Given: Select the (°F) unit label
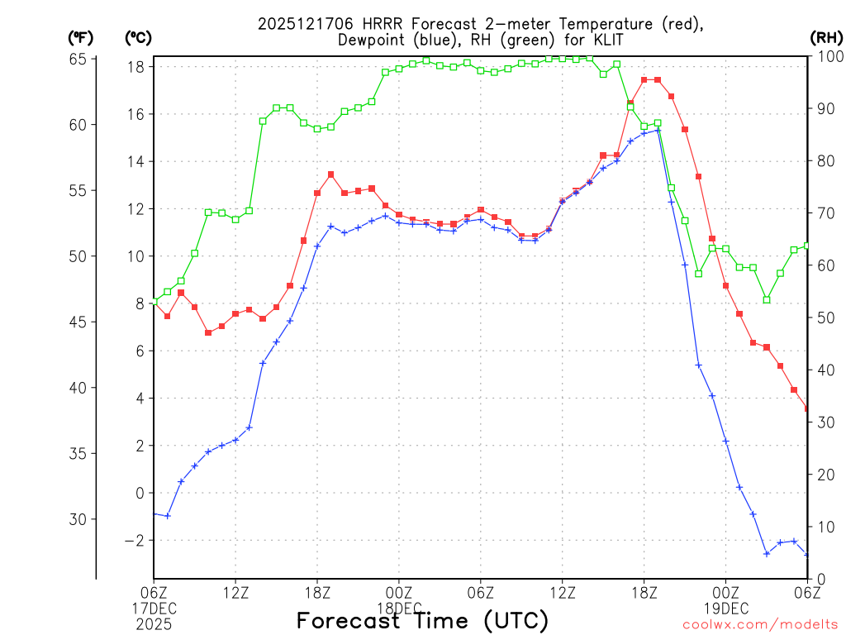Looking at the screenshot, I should pyautogui.click(x=81, y=37).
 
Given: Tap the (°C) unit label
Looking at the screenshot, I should pyautogui.click(x=139, y=37).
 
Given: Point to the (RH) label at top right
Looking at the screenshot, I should pyautogui.click(x=826, y=37).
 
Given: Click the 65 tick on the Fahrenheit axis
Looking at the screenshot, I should pyautogui.click(x=78, y=59).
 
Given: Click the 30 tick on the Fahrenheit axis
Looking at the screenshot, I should pyautogui.click(x=78, y=519).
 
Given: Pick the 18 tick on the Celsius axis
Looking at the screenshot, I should pyautogui.click(x=137, y=66).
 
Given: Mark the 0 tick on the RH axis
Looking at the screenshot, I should pyautogui.click(x=819, y=579).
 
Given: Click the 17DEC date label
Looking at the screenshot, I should pyautogui.click(x=155, y=609).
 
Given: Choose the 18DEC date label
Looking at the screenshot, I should pyautogui.click(x=401, y=609).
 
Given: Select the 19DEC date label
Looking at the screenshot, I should pyautogui.click(x=727, y=609).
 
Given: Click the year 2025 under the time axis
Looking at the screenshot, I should pyautogui.click(x=154, y=624).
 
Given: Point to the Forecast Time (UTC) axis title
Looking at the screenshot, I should pyautogui.click(x=422, y=620).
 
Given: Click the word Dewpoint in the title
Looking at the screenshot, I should pyautogui.click(x=370, y=40).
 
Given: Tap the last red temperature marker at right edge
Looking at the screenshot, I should pyautogui.click(x=807, y=408).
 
